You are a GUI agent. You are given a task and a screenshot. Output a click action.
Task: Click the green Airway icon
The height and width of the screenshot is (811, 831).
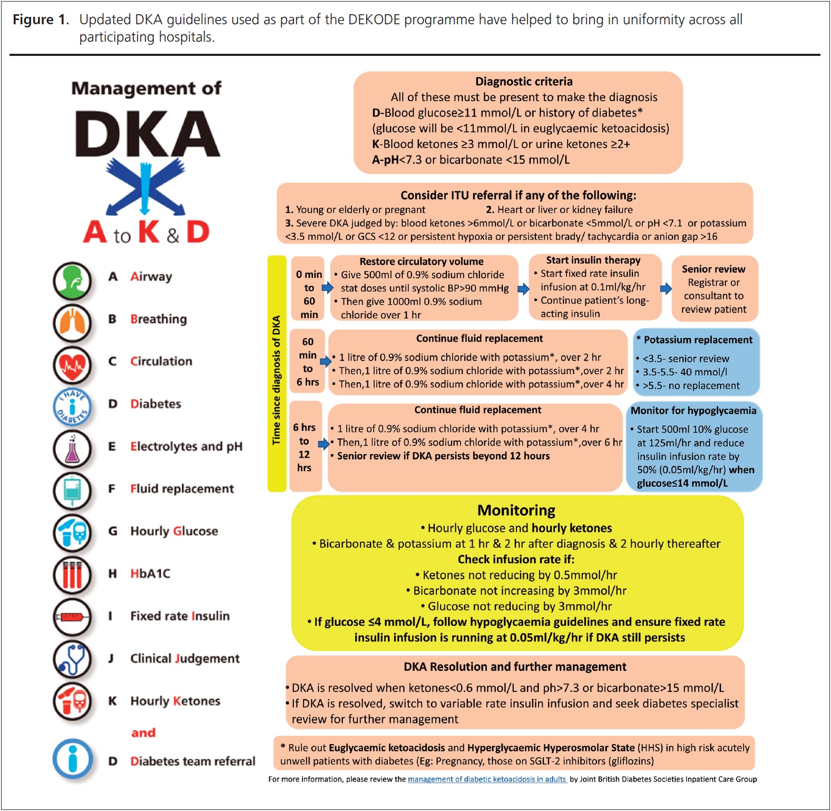coord(72,281)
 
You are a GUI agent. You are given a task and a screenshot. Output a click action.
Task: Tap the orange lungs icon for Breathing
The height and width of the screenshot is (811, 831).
coord(72,322)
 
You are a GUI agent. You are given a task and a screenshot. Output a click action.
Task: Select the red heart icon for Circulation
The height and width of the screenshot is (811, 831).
coord(72,364)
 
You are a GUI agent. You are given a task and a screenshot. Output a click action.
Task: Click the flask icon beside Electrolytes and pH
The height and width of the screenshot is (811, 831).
coord(72,449)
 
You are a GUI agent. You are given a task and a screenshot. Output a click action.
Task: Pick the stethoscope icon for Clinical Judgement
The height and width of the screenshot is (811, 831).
coord(72,659)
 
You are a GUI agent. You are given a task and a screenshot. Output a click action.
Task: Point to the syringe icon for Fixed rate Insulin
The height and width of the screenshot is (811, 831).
coord(72,616)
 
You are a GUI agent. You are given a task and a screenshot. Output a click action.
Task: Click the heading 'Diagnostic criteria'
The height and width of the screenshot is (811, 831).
coord(523,82)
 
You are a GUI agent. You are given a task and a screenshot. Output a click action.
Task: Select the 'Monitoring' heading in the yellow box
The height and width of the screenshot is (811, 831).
coord(516,510)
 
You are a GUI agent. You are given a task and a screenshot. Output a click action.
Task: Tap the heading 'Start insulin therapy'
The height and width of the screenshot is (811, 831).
coord(593,260)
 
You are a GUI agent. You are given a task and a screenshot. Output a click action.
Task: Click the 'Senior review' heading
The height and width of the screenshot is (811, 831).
coord(713,269)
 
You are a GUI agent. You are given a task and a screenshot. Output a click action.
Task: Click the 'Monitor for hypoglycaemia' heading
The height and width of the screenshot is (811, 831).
coord(693,411)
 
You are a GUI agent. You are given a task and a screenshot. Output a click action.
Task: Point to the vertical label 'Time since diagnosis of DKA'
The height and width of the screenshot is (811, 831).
coord(277,380)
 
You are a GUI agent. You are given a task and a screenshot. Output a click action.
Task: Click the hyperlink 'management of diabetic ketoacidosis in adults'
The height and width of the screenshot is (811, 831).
coord(487,779)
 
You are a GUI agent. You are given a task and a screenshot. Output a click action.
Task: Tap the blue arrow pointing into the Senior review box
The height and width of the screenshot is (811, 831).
coord(666,288)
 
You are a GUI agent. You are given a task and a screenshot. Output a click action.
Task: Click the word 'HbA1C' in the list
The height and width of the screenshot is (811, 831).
coord(150,574)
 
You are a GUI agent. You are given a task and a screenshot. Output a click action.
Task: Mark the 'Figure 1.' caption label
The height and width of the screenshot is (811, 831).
coord(41,20)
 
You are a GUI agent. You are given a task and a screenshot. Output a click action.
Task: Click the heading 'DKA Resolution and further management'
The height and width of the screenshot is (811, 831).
coord(515,667)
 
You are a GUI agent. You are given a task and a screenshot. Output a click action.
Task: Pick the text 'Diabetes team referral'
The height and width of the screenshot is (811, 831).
coord(192,761)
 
